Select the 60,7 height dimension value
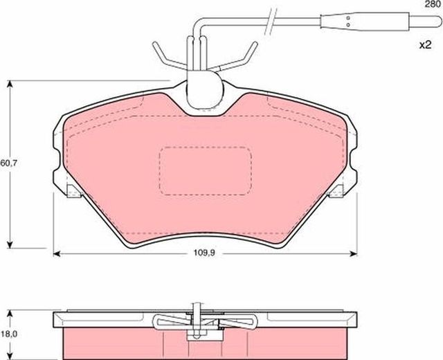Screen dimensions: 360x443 click(x=8, y=163)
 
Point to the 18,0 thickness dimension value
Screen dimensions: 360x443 click(x=8, y=333)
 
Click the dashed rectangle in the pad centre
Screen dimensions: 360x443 click(x=205, y=170)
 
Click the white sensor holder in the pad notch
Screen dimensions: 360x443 click(x=205, y=87)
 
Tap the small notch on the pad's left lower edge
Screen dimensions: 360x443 click(x=72, y=190)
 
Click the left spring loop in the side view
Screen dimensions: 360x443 click(x=170, y=321)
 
